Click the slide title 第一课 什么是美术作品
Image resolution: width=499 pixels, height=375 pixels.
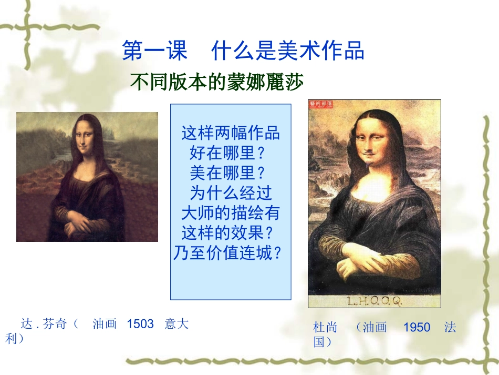click(x=243, y=52)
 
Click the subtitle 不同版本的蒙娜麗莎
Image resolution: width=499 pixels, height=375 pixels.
click(x=217, y=83)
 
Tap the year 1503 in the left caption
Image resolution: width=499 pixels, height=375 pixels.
click(x=140, y=324)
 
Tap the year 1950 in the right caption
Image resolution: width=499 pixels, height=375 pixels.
click(x=417, y=328)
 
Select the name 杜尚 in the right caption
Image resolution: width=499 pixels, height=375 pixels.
click(x=325, y=328)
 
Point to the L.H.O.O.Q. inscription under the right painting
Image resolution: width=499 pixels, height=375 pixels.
click(x=374, y=301)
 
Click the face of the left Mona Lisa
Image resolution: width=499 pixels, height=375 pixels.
click(x=85, y=138)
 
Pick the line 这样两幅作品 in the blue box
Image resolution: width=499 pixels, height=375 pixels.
click(x=231, y=133)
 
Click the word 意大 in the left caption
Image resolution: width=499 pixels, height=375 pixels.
click(x=176, y=324)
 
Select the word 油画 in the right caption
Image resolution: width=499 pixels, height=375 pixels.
click(x=375, y=328)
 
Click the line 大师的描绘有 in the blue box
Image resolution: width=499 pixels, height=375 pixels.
click(x=231, y=213)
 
